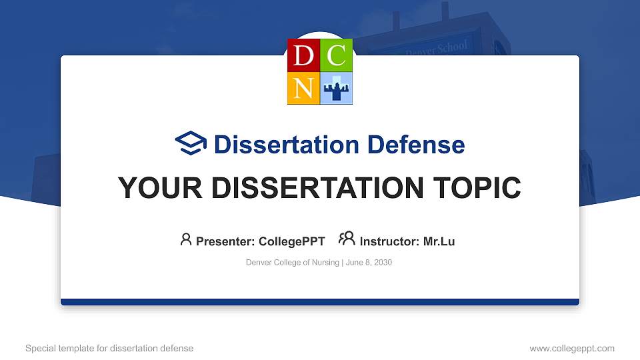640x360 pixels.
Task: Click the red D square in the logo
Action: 303,55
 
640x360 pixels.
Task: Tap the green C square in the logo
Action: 337,55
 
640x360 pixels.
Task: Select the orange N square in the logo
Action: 303,88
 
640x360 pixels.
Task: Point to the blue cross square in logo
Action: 337,88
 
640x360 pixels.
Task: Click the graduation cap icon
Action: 191,143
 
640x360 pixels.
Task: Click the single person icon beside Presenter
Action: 186,239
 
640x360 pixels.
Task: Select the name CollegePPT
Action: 291,241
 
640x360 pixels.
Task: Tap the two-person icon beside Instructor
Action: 347,239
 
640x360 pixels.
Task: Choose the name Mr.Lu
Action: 439,241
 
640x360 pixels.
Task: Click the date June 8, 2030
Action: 369,263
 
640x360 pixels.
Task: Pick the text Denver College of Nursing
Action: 293,263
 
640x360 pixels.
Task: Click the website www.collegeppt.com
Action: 571,348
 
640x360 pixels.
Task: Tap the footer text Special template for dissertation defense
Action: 109,348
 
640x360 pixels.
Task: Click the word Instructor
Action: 389,241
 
